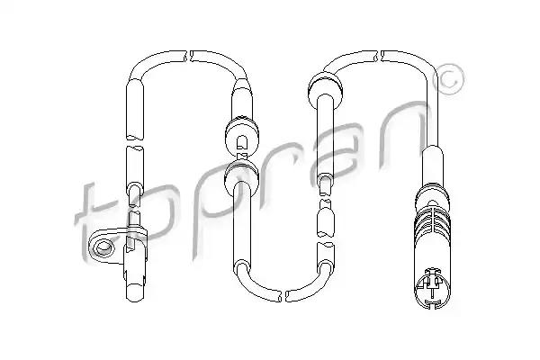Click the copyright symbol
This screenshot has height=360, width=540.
pos(448,79)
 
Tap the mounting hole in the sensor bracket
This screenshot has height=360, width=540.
pos(103,247)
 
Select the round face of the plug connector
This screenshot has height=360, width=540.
pos(433,288)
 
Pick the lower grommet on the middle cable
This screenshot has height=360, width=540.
pos(241,175)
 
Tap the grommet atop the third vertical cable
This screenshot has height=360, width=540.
pos(325,86)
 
